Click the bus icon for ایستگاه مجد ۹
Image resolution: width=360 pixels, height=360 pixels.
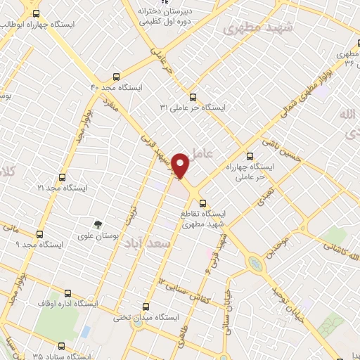tap(39, 234)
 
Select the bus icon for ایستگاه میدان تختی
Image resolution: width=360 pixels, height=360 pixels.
tap(146, 306)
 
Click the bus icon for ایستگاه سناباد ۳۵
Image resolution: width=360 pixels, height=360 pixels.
tap(61, 346)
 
